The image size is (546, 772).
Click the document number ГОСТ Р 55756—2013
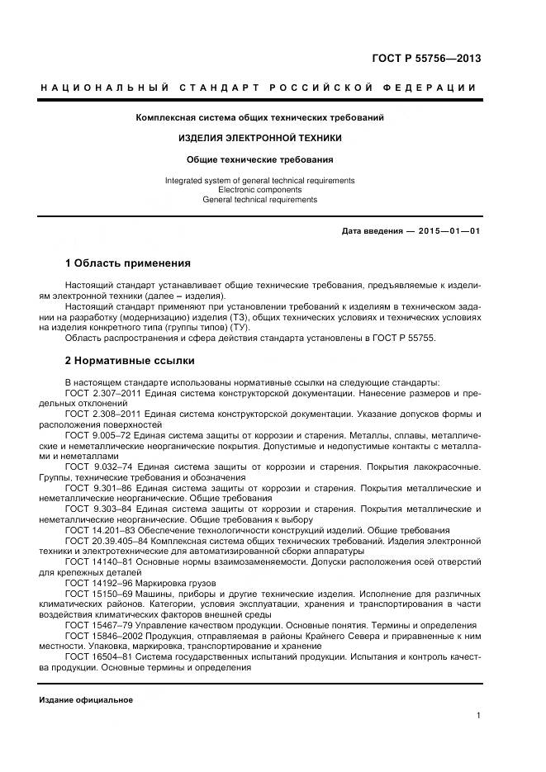426,58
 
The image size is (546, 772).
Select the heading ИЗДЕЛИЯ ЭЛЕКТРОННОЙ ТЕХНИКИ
259,138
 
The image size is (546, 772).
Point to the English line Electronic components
259,190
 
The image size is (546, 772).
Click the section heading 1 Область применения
127,263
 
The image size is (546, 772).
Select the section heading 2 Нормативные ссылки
130,361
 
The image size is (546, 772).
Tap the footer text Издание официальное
86,700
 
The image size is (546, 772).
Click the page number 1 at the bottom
478,717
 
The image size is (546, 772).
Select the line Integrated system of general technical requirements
259,180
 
